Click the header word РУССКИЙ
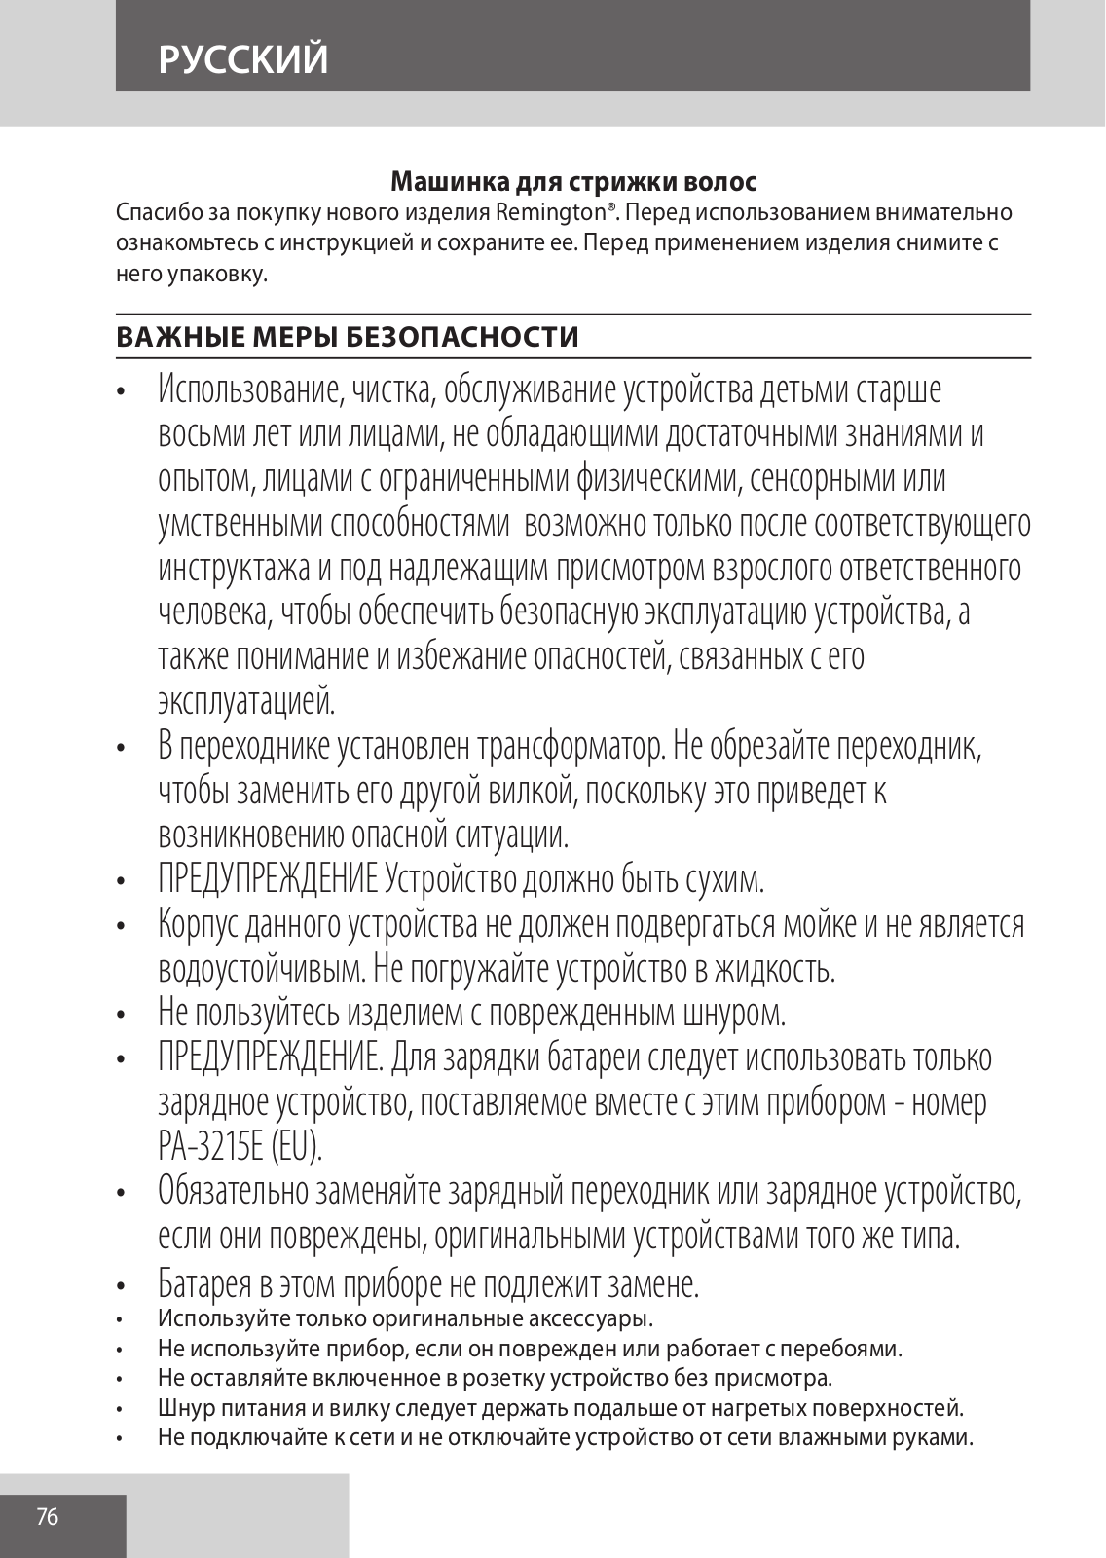[244, 59]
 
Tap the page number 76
[48, 1516]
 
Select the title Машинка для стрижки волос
[573, 182]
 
